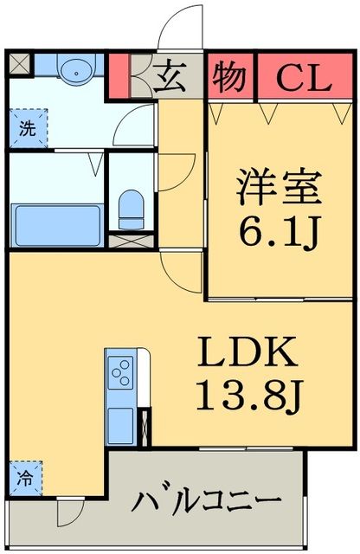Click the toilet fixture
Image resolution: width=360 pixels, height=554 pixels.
(132, 207)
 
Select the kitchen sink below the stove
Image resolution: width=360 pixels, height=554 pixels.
(119, 424)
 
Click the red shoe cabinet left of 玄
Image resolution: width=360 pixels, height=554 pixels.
(119, 77)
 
